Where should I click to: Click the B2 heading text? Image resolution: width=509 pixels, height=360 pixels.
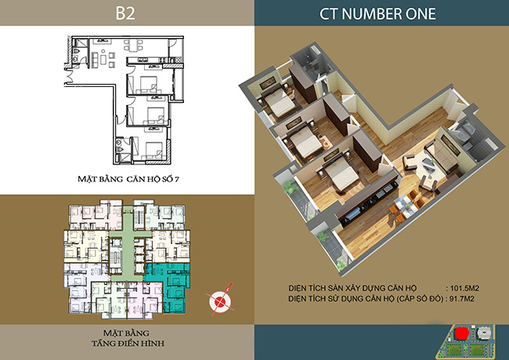[125, 13]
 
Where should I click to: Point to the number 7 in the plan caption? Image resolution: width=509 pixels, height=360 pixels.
[177, 179]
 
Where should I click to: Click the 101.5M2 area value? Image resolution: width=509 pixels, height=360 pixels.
[464, 288]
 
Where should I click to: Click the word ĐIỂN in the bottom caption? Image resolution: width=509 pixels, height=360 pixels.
[128, 343]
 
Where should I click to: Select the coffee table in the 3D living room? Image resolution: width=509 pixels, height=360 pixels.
[425, 164]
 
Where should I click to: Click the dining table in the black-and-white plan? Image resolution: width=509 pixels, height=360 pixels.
[133, 45]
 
